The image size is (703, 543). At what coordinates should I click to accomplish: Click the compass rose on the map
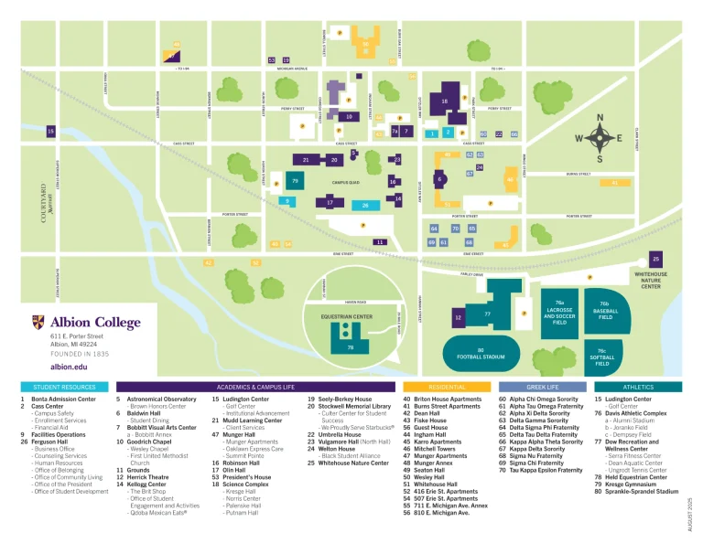pyautogui.click(x=600, y=138)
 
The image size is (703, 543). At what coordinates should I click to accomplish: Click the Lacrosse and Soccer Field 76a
pyautogui.click(x=559, y=311)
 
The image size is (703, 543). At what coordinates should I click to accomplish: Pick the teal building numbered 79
pyautogui.click(x=295, y=182)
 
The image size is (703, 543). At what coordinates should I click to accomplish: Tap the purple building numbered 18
pyautogui.click(x=445, y=102)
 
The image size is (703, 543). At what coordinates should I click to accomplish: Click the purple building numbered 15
pyautogui.click(x=50, y=132)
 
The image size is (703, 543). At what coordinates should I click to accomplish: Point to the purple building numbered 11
pyautogui.click(x=379, y=241)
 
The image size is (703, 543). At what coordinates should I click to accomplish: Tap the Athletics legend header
pyautogui.click(x=638, y=388)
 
